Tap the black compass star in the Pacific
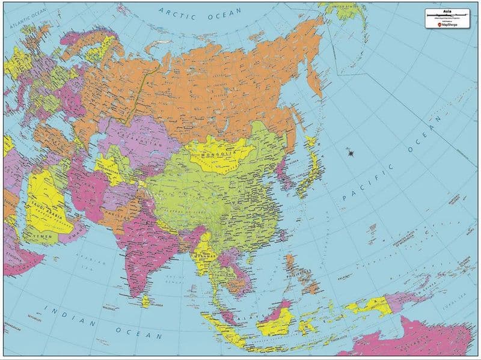pyautogui.click(x=350, y=154)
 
